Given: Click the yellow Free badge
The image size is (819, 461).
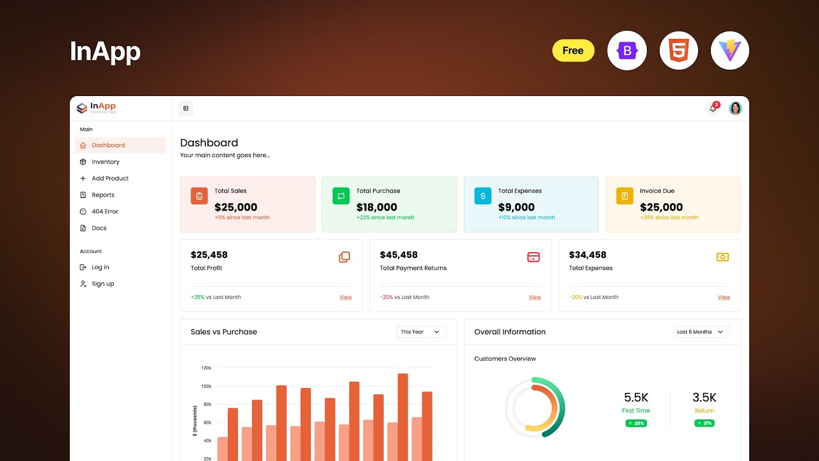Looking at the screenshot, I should pyautogui.click(x=573, y=51).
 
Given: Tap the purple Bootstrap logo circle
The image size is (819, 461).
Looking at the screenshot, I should pyautogui.click(x=627, y=51).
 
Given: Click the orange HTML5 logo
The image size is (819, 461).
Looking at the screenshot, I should pyautogui.click(x=679, y=51).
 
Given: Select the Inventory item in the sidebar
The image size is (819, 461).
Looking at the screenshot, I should pyautogui.click(x=106, y=162).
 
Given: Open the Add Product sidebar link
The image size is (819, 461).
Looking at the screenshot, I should pyautogui.click(x=110, y=179).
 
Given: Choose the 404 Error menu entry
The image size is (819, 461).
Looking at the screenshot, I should pyautogui.click(x=105, y=211).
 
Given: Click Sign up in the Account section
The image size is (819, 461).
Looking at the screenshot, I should pyautogui.click(x=102, y=284).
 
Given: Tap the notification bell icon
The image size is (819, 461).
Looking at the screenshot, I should pyautogui.click(x=713, y=108).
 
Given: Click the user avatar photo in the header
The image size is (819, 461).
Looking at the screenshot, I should pyautogui.click(x=736, y=108).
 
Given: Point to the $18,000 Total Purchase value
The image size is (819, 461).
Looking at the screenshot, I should pyautogui.click(x=377, y=207).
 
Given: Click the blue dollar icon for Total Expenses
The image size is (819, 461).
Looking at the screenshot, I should pyautogui.click(x=483, y=196).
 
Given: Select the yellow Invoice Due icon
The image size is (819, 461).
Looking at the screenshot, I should pyautogui.click(x=624, y=196).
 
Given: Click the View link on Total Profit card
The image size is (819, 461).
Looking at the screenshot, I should pyautogui.click(x=346, y=297).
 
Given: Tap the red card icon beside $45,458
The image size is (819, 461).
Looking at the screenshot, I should pyautogui.click(x=533, y=257).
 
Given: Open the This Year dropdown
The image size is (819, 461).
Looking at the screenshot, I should pyautogui.click(x=422, y=332).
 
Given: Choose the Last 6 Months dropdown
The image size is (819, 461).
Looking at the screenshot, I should pyautogui.click(x=701, y=332).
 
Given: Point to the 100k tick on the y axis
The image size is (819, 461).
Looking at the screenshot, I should pyautogui.click(x=206, y=386).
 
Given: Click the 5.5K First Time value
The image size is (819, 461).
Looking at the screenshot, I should pyautogui.click(x=636, y=398).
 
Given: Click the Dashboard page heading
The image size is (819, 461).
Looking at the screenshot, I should pyautogui.click(x=209, y=143).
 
